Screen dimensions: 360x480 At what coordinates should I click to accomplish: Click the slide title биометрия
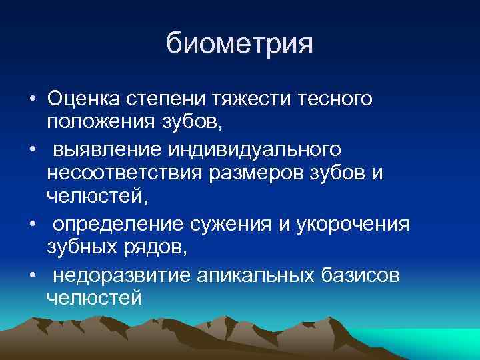[239, 45]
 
